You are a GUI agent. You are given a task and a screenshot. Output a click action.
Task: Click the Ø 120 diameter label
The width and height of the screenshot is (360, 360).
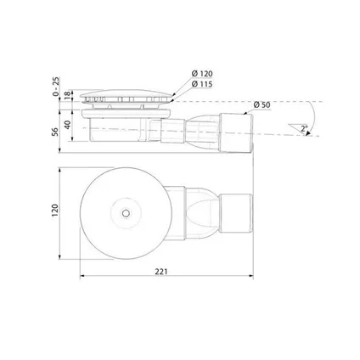[202, 74]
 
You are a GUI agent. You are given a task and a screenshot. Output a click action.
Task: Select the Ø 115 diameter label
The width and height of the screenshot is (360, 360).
[202, 84]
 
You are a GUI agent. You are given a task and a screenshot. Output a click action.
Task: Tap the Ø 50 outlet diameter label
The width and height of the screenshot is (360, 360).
[262, 104]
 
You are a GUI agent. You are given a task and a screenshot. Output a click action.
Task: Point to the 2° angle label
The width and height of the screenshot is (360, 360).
[304, 129]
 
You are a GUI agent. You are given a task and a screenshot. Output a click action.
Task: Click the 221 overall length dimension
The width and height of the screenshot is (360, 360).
[161, 272]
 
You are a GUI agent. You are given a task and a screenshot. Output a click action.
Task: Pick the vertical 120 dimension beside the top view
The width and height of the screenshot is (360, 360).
[55, 211]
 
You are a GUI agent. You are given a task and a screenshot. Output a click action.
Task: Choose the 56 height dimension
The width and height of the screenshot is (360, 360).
[55, 132]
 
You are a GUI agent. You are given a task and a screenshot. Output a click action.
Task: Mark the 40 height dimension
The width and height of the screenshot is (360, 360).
[67, 125]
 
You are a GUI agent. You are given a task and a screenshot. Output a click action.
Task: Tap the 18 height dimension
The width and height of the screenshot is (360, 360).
[67, 95]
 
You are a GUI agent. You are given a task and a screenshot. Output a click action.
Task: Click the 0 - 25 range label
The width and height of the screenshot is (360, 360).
[56, 87]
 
